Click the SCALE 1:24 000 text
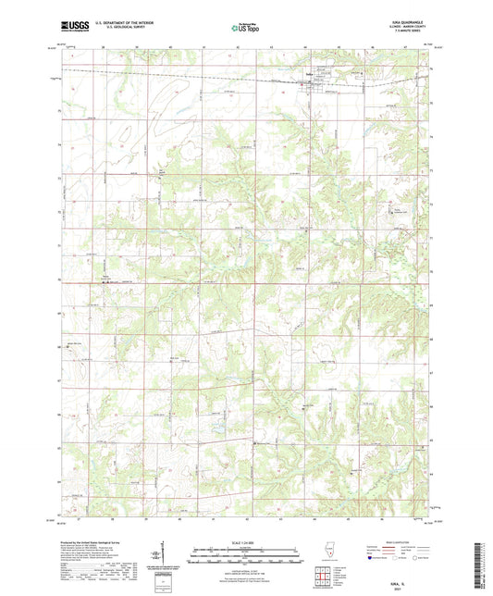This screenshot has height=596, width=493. tap(245, 541)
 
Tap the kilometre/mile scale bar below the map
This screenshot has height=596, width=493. tap(245, 558)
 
